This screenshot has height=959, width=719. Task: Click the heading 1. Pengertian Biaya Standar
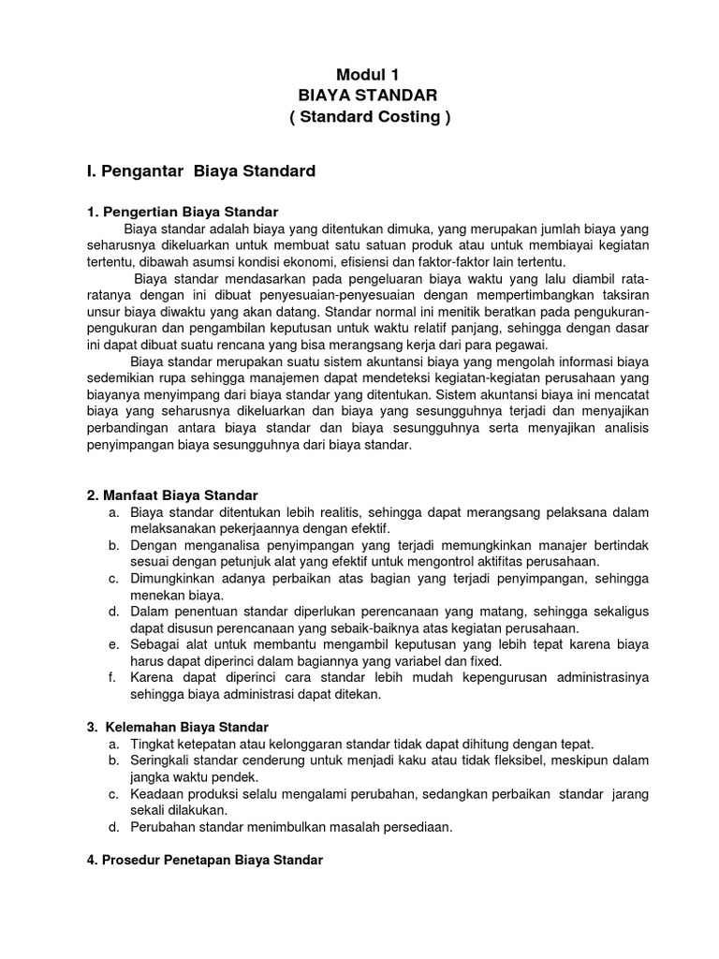pyautogui.click(x=183, y=212)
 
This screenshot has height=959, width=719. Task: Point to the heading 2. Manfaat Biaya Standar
pyautogui.click(x=172, y=494)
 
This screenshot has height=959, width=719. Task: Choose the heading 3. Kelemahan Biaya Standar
pyautogui.click(x=177, y=727)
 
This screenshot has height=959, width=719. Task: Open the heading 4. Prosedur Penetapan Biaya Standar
pyautogui.click(x=204, y=860)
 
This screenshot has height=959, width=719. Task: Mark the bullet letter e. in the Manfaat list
pyautogui.click(x=112, y=644)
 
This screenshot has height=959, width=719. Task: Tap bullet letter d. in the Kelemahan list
pyautogui.click(x=112, y=828)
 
